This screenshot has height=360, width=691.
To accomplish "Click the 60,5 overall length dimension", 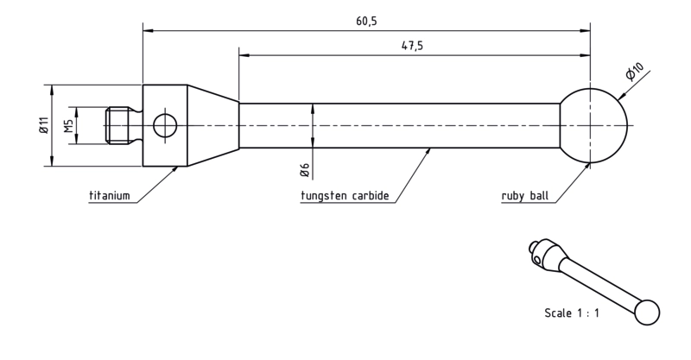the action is pos(366,21).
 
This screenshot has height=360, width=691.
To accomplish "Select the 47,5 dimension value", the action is pos(412,46).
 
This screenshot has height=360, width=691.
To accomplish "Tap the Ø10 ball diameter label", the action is pos(635,72).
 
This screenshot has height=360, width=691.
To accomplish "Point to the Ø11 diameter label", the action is pos(43,125).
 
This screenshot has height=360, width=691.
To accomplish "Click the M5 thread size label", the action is pos(68,125).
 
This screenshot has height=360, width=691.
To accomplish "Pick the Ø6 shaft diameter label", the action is pos(305,170).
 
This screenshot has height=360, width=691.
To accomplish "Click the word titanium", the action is pos(110,195).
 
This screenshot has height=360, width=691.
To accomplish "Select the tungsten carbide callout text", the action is pos(345,195).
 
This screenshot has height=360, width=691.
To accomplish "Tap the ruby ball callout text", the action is pos(525,195).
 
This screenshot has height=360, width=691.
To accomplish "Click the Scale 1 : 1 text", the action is pos(572,313).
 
